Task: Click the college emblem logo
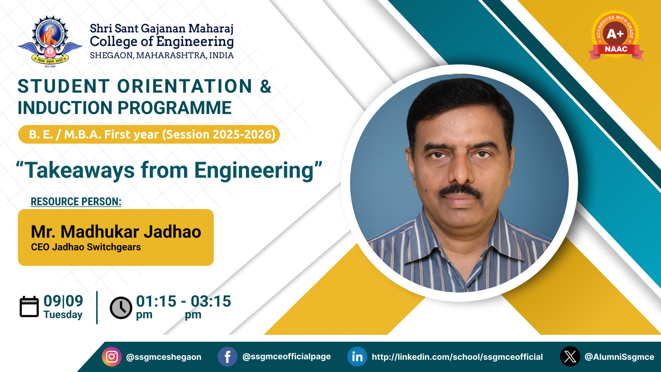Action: click(x=50, y=41)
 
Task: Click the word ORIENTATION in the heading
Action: click(x=185, y=86)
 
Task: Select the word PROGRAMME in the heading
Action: click(x=175, y=107)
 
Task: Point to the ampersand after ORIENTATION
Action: click(x=265, y=86)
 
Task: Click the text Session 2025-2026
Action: click(x=219, y=134)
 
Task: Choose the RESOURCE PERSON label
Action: click(x=76, y=202)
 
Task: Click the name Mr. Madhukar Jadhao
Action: click(x=116, y=231)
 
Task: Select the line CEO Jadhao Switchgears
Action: click(x=86, y=247)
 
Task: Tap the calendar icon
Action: click(x=29, y=307)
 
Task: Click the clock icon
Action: click(x=121, y=308)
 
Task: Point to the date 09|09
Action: click(x=63, y=301)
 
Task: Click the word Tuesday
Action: click(x=63, y=315)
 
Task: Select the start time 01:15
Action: click(x=156, y=301)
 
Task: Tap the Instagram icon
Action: click(x=112, y=357)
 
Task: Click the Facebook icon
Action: click(x=227, y=357)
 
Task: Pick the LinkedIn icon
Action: click(x=357, y=357)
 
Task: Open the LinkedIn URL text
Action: click(x=457, y=357)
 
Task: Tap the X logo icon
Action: click(x=570, y=357)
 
